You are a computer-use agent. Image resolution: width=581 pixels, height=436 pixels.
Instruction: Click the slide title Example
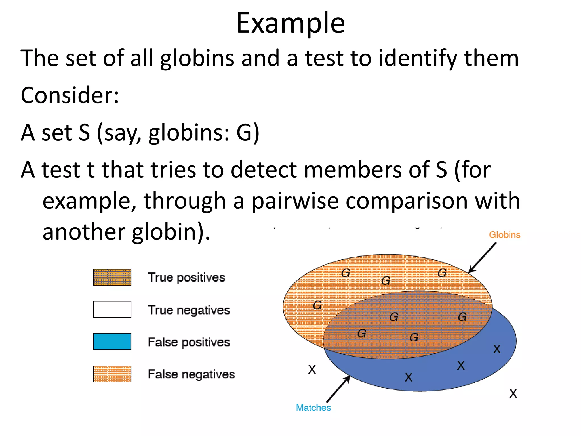(290, 23)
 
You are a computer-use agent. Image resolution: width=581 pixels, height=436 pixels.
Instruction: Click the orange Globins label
(504, 235)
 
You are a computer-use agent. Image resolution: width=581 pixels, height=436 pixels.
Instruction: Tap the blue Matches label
(313, 408)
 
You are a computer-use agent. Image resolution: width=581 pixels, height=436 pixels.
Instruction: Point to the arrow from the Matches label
(338, 389)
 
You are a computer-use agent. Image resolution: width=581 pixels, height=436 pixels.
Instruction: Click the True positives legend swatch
(112, 277)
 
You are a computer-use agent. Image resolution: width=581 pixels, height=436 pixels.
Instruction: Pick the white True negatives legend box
(112, 309)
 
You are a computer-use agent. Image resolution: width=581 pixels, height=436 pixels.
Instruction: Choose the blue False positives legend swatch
(112, 341)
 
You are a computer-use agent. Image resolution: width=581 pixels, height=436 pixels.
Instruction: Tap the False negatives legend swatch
(112, 374)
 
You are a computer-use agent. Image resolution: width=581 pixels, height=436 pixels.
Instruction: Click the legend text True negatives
(189, 310)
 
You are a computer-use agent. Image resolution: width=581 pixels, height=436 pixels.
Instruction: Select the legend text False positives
(189, 342)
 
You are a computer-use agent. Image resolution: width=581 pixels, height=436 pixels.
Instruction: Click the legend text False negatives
(191, 374)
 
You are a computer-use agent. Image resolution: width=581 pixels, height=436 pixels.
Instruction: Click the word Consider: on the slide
(70, 95)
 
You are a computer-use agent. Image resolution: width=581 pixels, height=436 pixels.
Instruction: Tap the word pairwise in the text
(295, 201)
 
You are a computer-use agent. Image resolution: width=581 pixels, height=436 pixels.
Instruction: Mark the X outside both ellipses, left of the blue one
(312, 370)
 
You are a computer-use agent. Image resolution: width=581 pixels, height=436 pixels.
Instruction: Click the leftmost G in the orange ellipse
(317, 305)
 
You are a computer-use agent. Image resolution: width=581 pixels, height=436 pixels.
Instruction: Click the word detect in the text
(264, 170)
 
